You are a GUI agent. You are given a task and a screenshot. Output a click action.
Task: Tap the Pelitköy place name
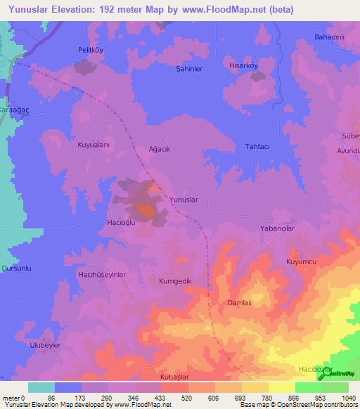pos(90,50)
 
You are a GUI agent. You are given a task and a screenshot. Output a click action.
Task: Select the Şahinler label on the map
pos(188,69)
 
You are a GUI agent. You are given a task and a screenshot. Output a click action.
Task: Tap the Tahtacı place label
pos(257,146)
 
